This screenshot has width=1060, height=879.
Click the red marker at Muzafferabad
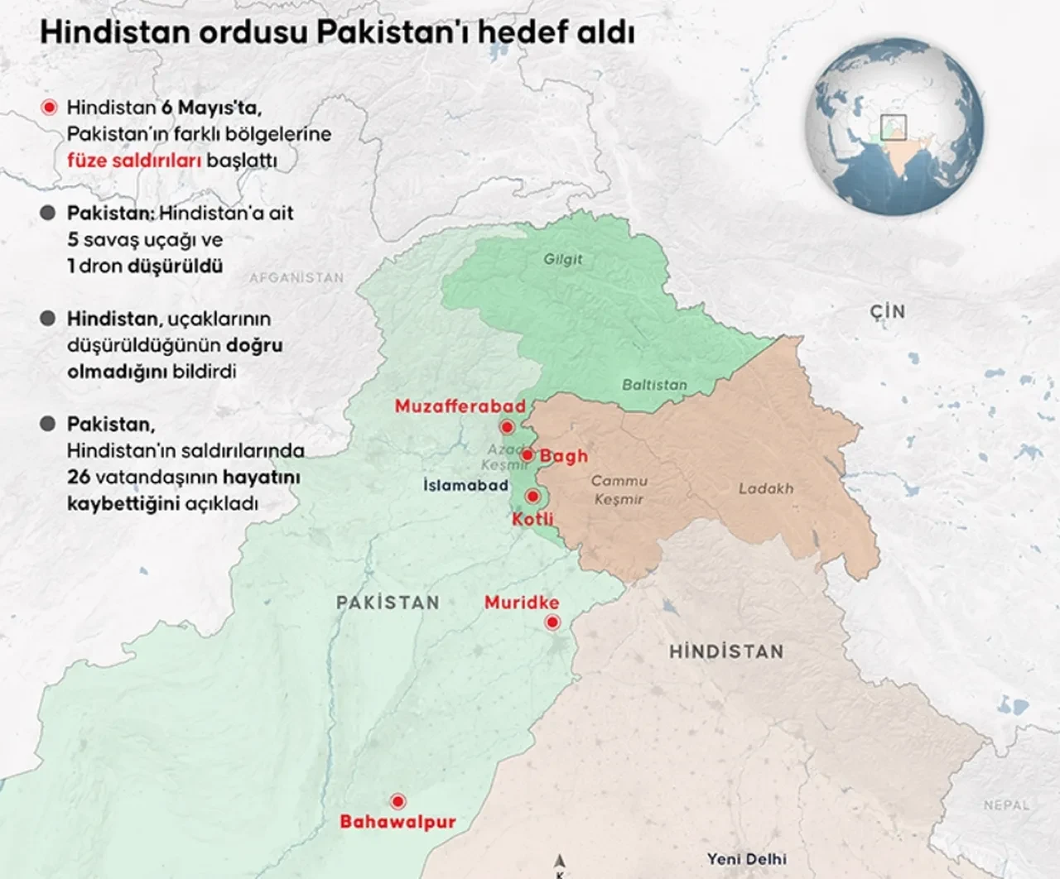pyautogui.click(x=507, y=427)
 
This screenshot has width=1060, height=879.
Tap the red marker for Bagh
pyautogui.click(x=527, y=455)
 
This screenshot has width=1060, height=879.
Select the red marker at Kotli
pyautogui.click(x=533, y=497)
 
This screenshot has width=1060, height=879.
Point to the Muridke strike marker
pyautogui.click(x=552, y=622)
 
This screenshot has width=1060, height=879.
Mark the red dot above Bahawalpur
pyautogui.click(x=398, y=801)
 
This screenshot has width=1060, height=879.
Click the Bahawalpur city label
pyautogui.click(x=397, y=822)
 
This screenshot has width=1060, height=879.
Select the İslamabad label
pyautogui.click(x=465, y=485)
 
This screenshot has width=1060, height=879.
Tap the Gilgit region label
pyautogui.click(x=563, y=259)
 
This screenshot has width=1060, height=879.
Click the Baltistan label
pyautogui.click(x=654, y=385)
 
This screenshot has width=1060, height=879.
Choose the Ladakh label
pyautogui.click(x=765, y=488)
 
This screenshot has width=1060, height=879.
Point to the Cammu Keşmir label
pyautogui.click(x=619, y=490)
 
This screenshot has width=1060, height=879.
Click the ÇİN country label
pyautogui.click(x=887, y=312)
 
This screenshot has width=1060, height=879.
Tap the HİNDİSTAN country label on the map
pyautogui.click(x=726, y=651)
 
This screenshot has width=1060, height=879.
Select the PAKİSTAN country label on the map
pyautogui.click(x=388, y=603)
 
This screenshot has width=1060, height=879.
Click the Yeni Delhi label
pyautogui.click(x=746, y=859)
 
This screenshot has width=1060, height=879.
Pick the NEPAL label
pyautogui.click(x=1006, y=805)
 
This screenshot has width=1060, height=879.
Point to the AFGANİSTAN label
pyautogui.click(x=296, y=278)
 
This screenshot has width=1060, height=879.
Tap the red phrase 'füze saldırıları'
pyautogui.click(x=134, y=161)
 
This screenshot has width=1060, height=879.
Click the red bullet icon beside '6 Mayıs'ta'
pyautogui.click(x=49, y=108)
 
